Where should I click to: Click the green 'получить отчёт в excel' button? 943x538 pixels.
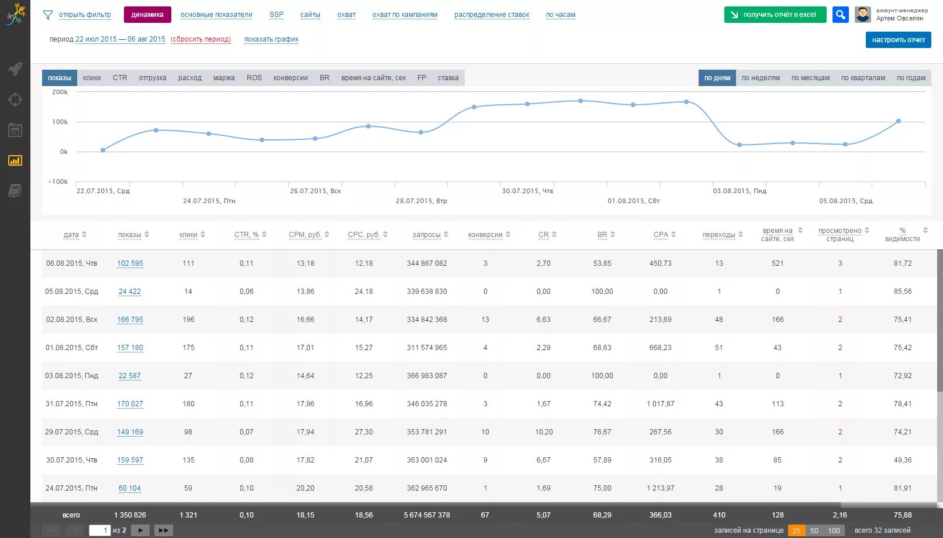click(775, 15)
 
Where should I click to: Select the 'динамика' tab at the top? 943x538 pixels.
click(147, 15)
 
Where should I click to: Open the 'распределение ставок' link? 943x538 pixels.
click(491, 15)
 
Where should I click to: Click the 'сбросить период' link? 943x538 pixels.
click(201, 39)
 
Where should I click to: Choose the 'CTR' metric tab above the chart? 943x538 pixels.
click(120, 78)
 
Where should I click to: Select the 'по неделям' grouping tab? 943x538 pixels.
click(761, 78)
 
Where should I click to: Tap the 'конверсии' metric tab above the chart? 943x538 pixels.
click(291, 78)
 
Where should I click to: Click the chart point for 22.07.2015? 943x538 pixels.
click(103, 150)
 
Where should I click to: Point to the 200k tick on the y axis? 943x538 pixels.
click(60, 92)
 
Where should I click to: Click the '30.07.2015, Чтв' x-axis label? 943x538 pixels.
click(527, 191)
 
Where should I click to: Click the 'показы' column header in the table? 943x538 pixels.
click(129, 235)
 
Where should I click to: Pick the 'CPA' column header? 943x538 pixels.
click(661, 235)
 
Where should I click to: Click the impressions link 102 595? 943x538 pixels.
click(130, 263)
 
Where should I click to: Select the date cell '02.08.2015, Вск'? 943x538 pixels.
click(71, 320)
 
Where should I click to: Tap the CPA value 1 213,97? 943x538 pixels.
click(660, 488)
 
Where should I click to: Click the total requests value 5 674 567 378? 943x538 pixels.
click(427, 515)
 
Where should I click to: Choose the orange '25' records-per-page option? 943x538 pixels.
click(796, 530)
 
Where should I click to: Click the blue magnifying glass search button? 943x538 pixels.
click(840, 15)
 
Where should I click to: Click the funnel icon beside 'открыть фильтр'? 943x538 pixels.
click(48, 15)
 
